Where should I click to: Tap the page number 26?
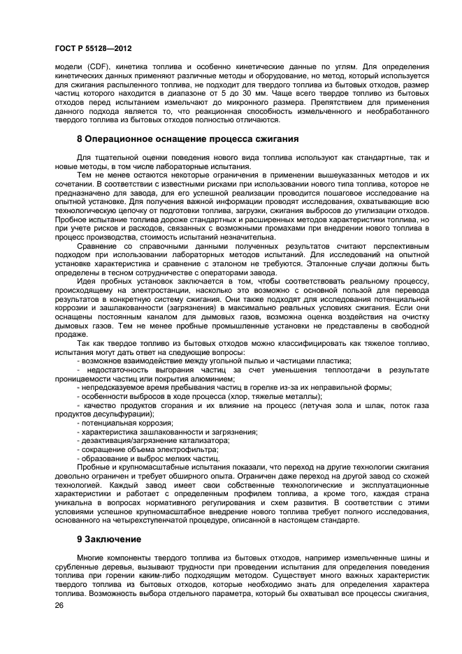[59, 605]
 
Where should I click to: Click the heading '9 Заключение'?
[108, 539]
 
